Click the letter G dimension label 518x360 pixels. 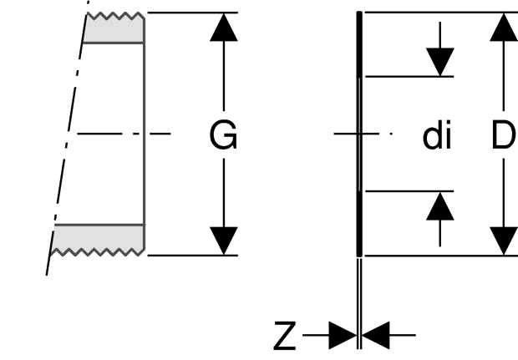pos(223,134)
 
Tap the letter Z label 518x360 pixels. pos(284,336)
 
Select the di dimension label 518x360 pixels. pos(437,134)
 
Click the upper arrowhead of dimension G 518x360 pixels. pos(224,28)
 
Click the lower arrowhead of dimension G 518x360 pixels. pos(224,241)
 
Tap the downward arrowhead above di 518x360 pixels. pos(440,62)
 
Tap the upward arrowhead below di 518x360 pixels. pos(440,206)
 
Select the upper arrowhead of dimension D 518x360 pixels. pos(504,28)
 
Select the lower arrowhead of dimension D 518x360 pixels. pos(504,241)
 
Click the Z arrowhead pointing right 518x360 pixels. pos(343,335)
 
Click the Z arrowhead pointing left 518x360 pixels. pos(376,335)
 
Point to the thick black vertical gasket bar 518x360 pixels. pos(359,134)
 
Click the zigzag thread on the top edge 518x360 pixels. pos(115,16)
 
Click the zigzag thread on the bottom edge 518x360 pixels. pos(98,252)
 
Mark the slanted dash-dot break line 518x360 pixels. pos(68,138)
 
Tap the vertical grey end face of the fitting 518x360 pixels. pos(145,134)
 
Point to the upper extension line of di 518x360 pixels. pos(409,77)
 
